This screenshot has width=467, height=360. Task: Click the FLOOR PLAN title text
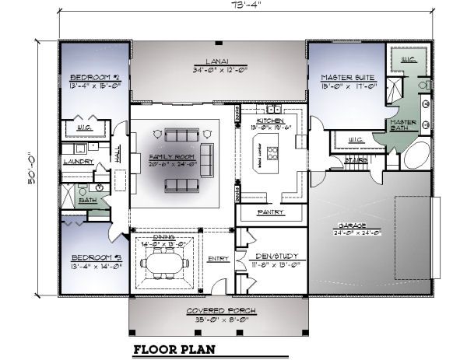pos(174,349)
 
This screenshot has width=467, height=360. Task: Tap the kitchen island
pos(273,153)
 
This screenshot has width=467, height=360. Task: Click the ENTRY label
pos(216,259)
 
